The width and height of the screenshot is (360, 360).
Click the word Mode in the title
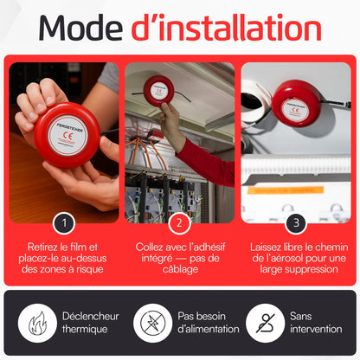pyautogui.click(x=80, y=28)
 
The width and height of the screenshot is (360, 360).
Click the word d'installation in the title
pyautogui.click(x=227, y=28)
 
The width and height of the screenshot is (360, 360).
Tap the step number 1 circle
pyautogui.click(x=64, y=223)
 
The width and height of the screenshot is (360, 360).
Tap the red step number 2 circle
pyautogui.click(x=179, y=223)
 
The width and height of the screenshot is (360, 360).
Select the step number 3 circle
pyautogui.click(x=296, y=223)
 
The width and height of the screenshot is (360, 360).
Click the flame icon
pyautogui.click(x=37, y=323)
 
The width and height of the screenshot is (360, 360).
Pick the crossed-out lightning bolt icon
pyautogui.click(x=152, y=323)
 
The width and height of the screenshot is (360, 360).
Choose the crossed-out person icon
pyautogui.click(x=266, y=323)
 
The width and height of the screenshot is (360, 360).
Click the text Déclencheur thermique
pyautogui.click(x=90, y=323)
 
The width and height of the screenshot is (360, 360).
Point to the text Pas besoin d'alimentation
pyautogui.click(x=209, y=323)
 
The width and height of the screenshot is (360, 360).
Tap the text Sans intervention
pyautogui.click(x=316, y=323)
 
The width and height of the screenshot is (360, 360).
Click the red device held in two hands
pyautogui.click(x=67, y=135)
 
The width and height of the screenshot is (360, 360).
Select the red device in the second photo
pyautogui.click(x=158, y=91)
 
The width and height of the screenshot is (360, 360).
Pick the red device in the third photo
pyautogui.click(x=297, y=107)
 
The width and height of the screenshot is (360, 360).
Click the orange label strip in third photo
pyautogui.click(x=286, y=190)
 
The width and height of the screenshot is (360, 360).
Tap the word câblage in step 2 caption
pyautogui.click(x=180, y=269)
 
